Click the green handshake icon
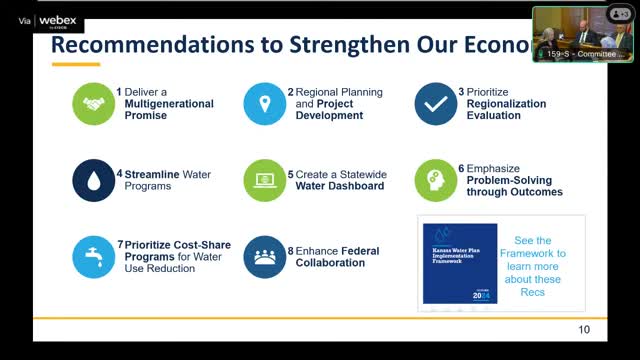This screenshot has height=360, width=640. pos(94,103)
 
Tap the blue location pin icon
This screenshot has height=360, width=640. pos(265,103)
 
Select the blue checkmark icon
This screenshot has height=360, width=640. pos(436,103)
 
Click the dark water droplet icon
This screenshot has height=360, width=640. pos(94,180)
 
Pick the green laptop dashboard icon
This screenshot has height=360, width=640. pos(265,180)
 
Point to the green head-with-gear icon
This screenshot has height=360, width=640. pos(436,180)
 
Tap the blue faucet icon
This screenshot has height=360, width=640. pos(94,257)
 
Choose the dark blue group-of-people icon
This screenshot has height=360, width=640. pos(265,257)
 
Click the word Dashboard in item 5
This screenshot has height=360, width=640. pos(357,185)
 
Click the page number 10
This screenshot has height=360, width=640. pos(584,330)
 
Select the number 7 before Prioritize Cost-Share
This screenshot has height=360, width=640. pos(120,244)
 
